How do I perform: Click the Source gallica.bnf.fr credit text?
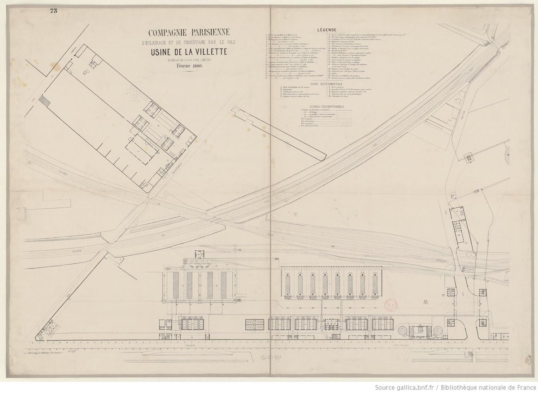click(454, 387)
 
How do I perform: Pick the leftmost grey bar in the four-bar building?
click(176, 285)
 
